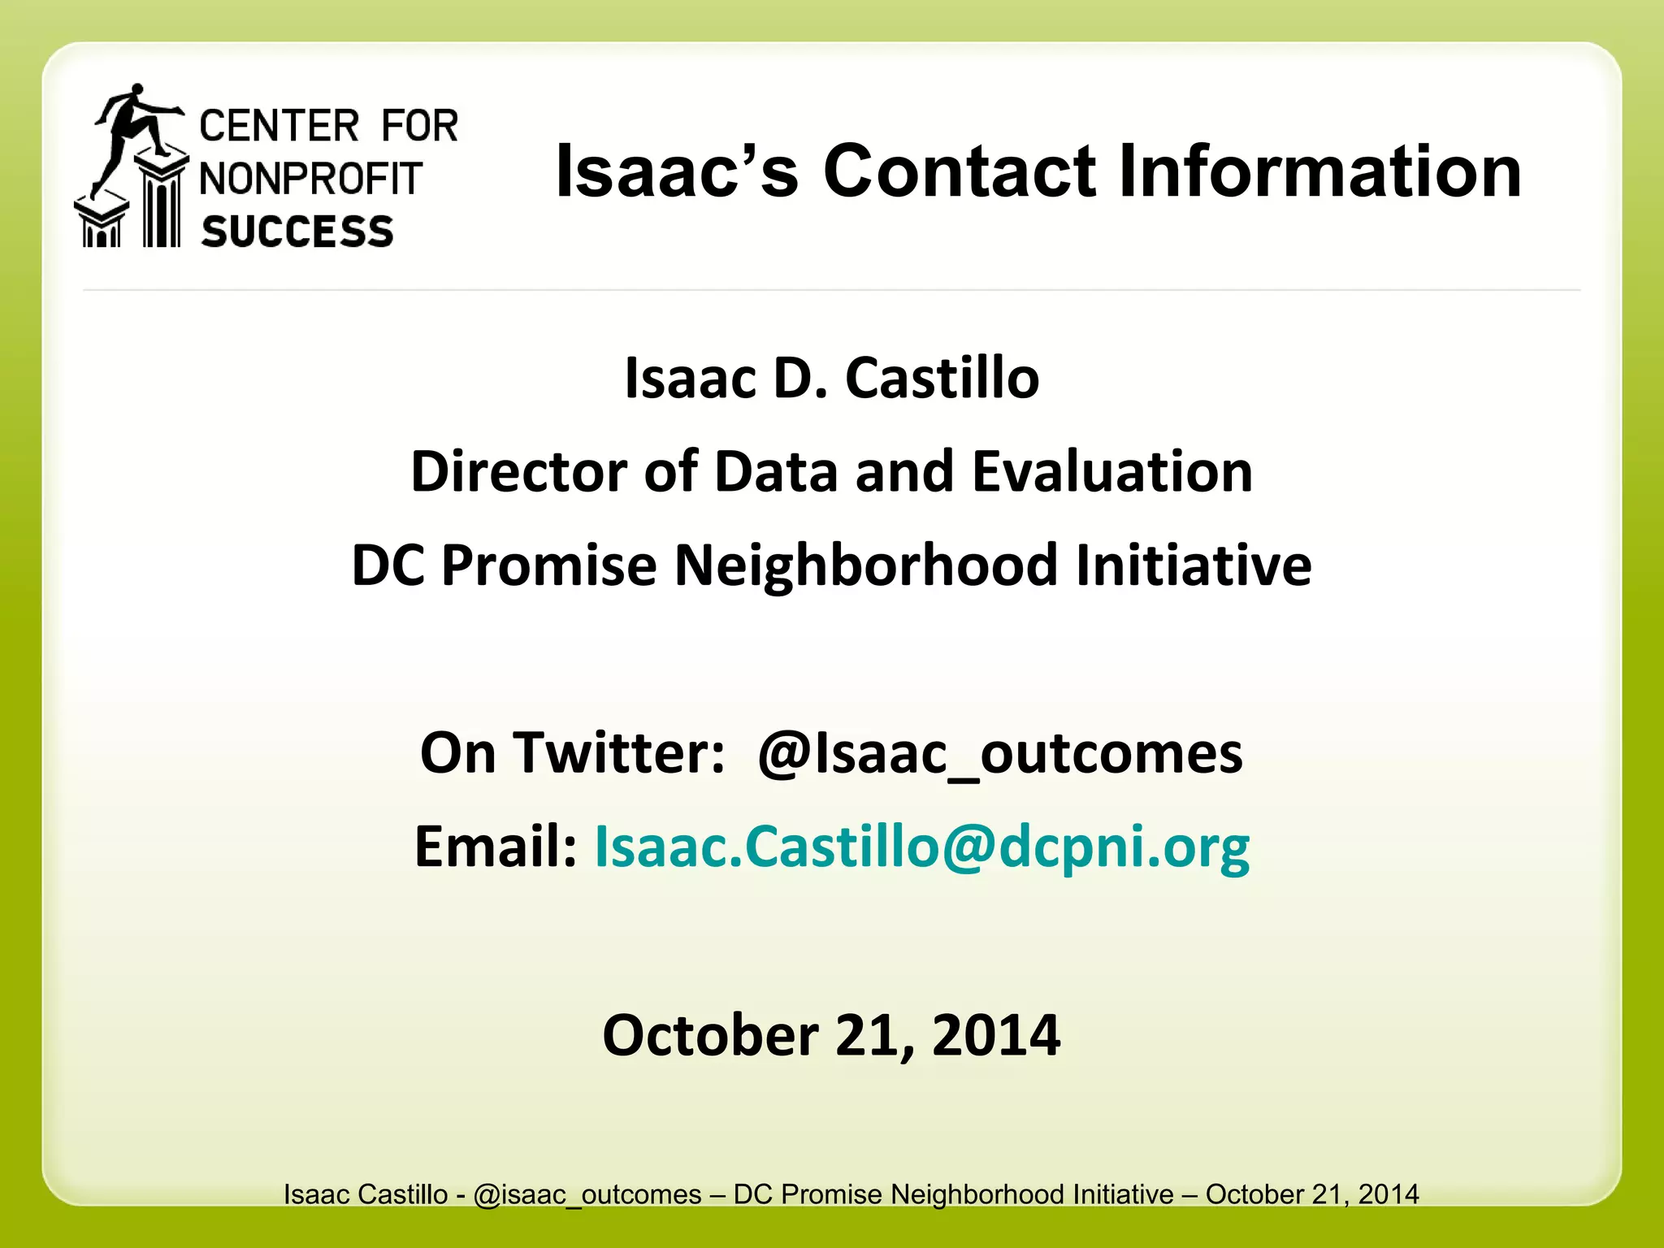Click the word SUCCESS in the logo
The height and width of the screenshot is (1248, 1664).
tap(297, 232)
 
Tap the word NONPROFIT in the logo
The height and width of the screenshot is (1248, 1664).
tap(311, 179)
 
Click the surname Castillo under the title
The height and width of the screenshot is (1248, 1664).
tap(942, 379)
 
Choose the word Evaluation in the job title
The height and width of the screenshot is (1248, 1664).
tap(1112, 472)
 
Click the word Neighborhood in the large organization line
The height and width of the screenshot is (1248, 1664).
tap(866, 565)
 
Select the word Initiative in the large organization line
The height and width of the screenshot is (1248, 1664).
tap(1194, 565)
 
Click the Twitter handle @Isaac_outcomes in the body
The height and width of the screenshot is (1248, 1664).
tap(999, 753)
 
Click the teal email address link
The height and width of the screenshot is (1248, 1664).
tap(922, 847)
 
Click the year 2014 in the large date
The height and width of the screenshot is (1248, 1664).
tap(996, 1035)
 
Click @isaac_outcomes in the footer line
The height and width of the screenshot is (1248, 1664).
tap(587, 1194)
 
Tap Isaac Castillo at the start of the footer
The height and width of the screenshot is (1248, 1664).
tap(366, 1194)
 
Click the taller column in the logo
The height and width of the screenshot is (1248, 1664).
tap(162, 203)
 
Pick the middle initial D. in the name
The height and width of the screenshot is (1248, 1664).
tap(799, 379)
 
